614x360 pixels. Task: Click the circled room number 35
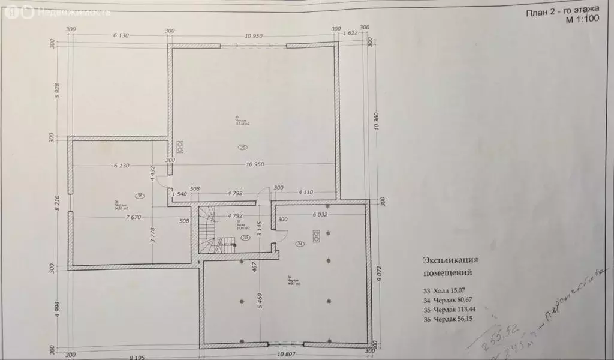pos(243,147)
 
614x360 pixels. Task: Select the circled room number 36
pos(139,196)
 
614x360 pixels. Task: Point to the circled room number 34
pos(300,244)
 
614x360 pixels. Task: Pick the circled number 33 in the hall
pos(245,238)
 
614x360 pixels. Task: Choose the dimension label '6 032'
pos(318,214)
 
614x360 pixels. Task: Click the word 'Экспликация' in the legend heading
pos(450,260)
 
